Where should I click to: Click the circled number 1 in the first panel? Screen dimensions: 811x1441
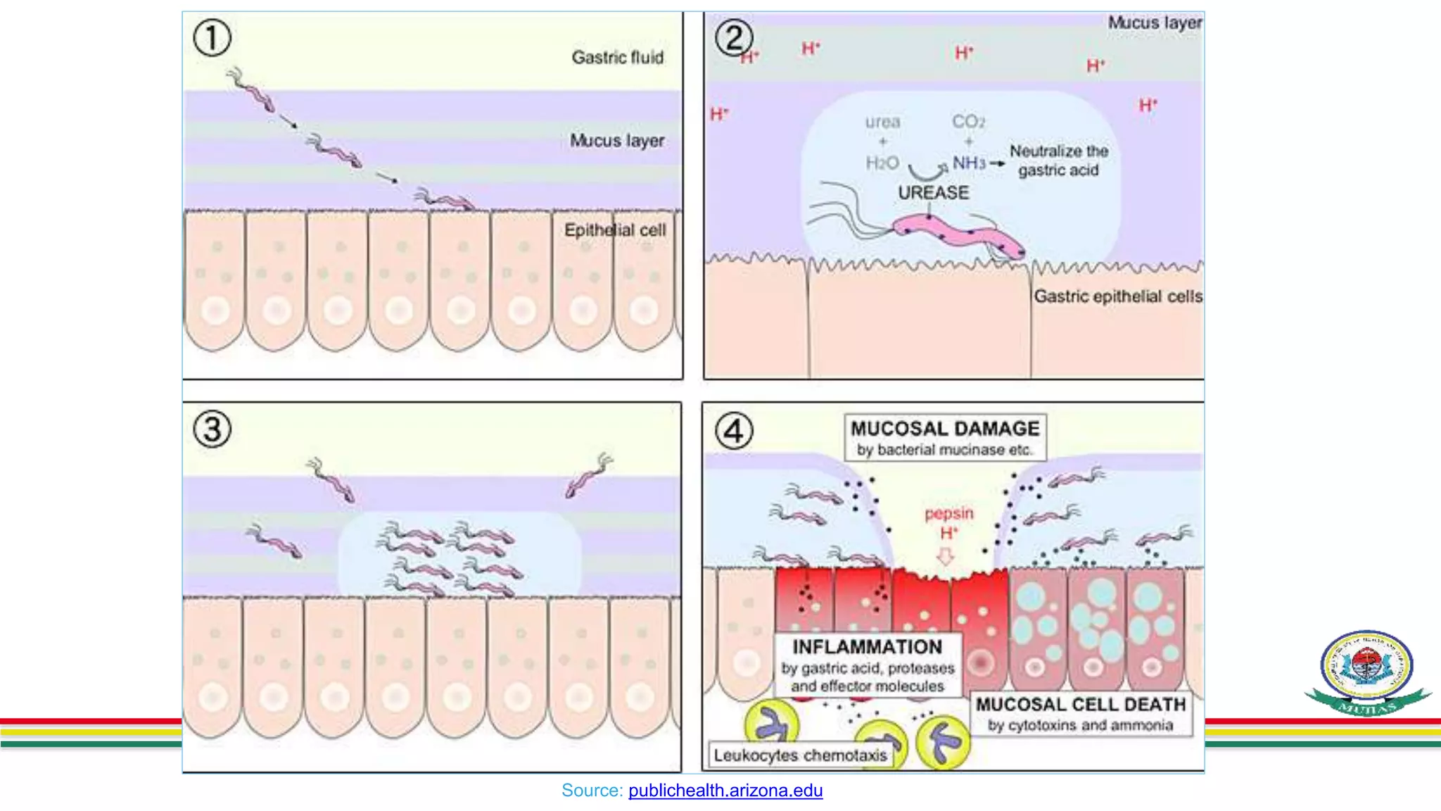(212, 38)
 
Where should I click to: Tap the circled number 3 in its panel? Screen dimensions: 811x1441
(212, 429)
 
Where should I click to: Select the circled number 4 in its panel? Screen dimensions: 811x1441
(734, 431)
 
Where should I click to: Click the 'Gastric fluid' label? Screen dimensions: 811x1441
(617, 58)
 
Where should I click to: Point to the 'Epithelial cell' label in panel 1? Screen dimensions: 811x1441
(614, 230)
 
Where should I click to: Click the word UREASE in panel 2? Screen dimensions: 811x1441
(933, 193)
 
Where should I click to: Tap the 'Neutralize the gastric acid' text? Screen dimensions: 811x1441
(1058, 161)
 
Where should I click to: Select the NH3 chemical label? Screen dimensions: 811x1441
(969, 163)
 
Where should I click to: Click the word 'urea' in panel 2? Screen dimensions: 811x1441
(882, 122)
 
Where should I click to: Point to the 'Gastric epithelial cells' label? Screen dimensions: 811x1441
(1117, 296)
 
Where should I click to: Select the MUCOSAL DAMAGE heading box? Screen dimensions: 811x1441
(945, 437)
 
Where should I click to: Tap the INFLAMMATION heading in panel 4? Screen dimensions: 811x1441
(867, 647)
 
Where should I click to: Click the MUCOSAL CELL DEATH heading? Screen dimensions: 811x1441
(1080, 705)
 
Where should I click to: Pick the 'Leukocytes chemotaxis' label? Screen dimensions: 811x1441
(800, 755)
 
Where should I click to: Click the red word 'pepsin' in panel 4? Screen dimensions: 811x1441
(948, 513)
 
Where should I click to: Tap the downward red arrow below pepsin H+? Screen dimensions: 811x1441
(946, 557)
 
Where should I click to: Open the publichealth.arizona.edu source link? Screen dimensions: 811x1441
(725, 791)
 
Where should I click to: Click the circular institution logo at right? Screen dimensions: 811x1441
(1366, 666)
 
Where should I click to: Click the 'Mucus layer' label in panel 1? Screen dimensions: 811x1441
(616, 141)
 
